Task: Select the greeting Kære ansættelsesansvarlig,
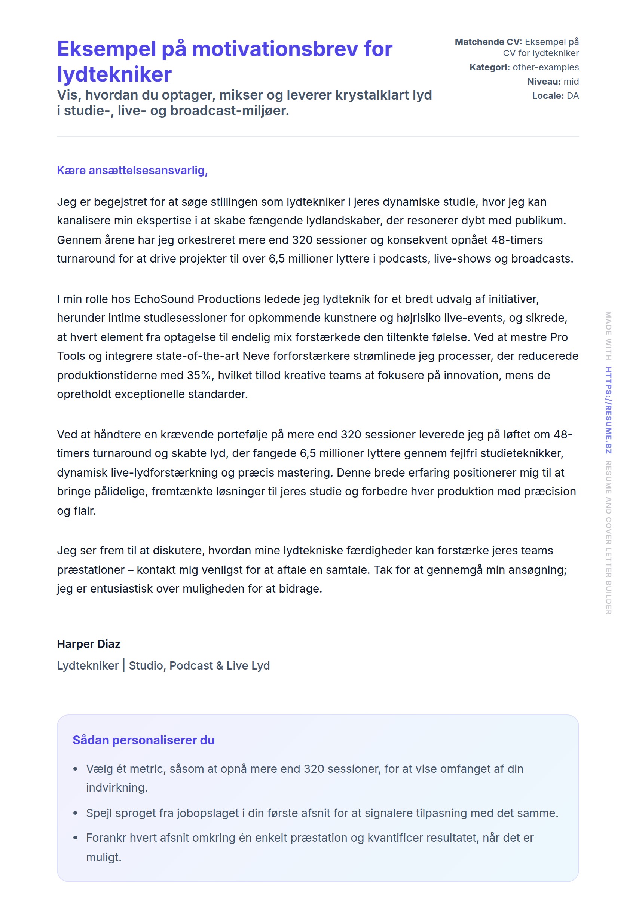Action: pos(132,171)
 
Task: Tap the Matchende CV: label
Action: pos(488,42)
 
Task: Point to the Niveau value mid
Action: pos(571,82)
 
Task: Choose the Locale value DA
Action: pos(573,96)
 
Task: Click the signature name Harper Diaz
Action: pos(89,644)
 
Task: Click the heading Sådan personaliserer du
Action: pos(143,740)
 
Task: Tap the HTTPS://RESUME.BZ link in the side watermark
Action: pos(609,410)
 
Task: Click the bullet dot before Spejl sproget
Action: pos(75,813)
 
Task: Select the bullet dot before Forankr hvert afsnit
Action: pos(75,838)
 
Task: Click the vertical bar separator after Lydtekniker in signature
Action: pos(124,666)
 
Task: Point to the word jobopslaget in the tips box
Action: pos(208,813)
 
